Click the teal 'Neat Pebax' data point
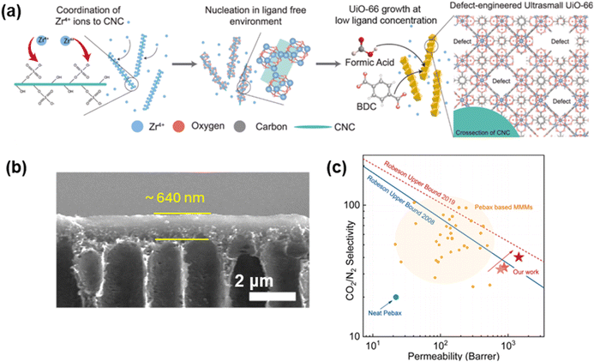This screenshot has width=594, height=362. (395, 298)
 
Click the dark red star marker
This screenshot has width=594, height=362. (519, 256)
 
